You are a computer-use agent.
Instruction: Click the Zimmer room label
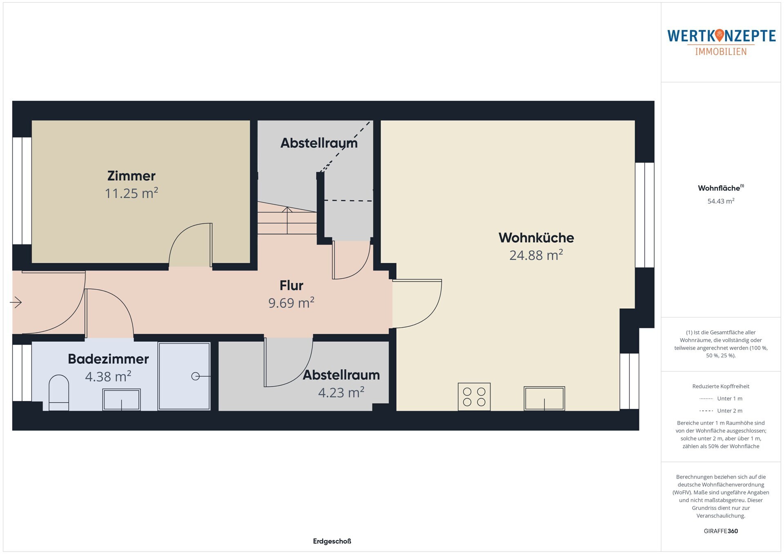pyautogui.click(x=131, y=176)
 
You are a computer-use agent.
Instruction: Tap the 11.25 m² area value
pyautogui.click(x=131, y=193)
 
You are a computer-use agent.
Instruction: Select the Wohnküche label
pyautogui.click(x=536, y=238)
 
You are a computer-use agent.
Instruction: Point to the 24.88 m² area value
pyautogui.click(x=536, y=255)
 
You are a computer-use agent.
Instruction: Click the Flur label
pyautogui.click(x=291, y=286)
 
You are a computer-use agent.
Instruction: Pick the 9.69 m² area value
pyautogui.click(x=291, y=303)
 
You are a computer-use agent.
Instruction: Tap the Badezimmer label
pyautogui.click(x=108, y=359)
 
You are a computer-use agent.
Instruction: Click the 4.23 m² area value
pyautogui.click(x=341, y=392)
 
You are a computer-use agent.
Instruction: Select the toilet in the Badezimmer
pyautogui.click(x=59, y=392)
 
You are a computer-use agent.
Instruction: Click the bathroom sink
pyautogui.click(x=121, y=399)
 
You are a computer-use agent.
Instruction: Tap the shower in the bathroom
pyautogui.click(x=184, y=376)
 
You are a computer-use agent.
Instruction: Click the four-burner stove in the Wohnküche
pyautogui.click(x=474, y=397)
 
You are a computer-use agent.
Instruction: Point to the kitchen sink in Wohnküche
pyautogui.click(x=544, y=399)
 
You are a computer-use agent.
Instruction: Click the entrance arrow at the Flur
pyautogui.click(x=16, y=302)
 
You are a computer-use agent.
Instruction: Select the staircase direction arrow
pyautogui.click(x=287, y=220)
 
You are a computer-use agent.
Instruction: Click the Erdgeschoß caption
pyautogui.click(x=332, y=541)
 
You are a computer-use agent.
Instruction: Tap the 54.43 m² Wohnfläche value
pyautogui.click(x=721, y=201)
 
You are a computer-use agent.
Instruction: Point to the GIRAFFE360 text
pyautogui.click(x=721, y=531)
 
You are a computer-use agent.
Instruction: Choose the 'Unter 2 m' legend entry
pyautogui.click(x=721, y=411)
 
